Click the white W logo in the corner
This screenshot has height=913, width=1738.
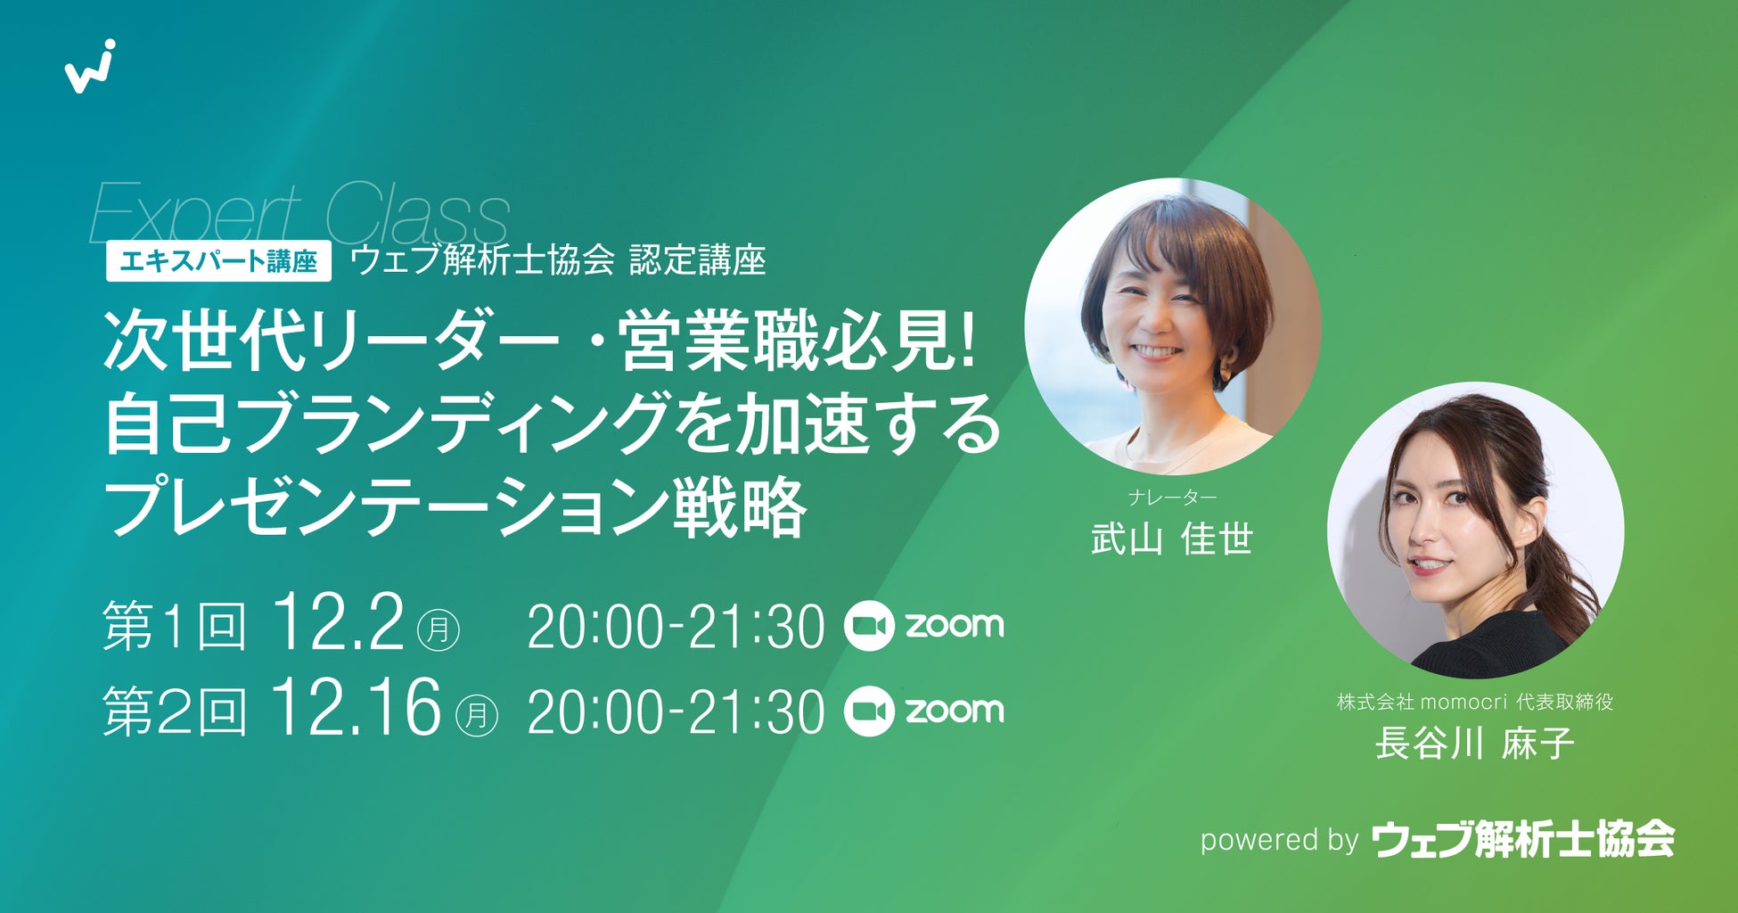(x=89, y=68)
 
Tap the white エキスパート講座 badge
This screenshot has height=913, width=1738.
(x=218, y=261)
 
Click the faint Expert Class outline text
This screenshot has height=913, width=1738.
(x=299, y=212)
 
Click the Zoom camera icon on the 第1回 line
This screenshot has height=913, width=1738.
(x=868, y=626)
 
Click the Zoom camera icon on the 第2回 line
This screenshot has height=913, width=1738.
(x=868, y=711)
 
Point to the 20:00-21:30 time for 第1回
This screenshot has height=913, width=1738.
(x=676, y=627)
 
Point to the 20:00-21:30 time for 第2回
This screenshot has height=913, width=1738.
(x=676, y=711)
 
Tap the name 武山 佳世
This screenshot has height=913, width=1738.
(x=1172, y=539)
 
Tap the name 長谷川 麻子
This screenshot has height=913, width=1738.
(x=1475, y=744)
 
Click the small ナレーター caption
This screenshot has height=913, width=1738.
(x=1172, y=498)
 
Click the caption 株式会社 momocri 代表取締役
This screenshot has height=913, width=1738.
(x=1475, y=702)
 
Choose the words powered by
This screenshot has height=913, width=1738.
(x=1279, y=841)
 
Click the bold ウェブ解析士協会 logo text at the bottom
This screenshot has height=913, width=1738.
(x=1523, y=838)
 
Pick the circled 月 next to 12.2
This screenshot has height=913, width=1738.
(x=439, y=629)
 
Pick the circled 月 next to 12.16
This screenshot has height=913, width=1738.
(x=477, y=714)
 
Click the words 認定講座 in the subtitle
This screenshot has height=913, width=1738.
(x=698, y=260)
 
